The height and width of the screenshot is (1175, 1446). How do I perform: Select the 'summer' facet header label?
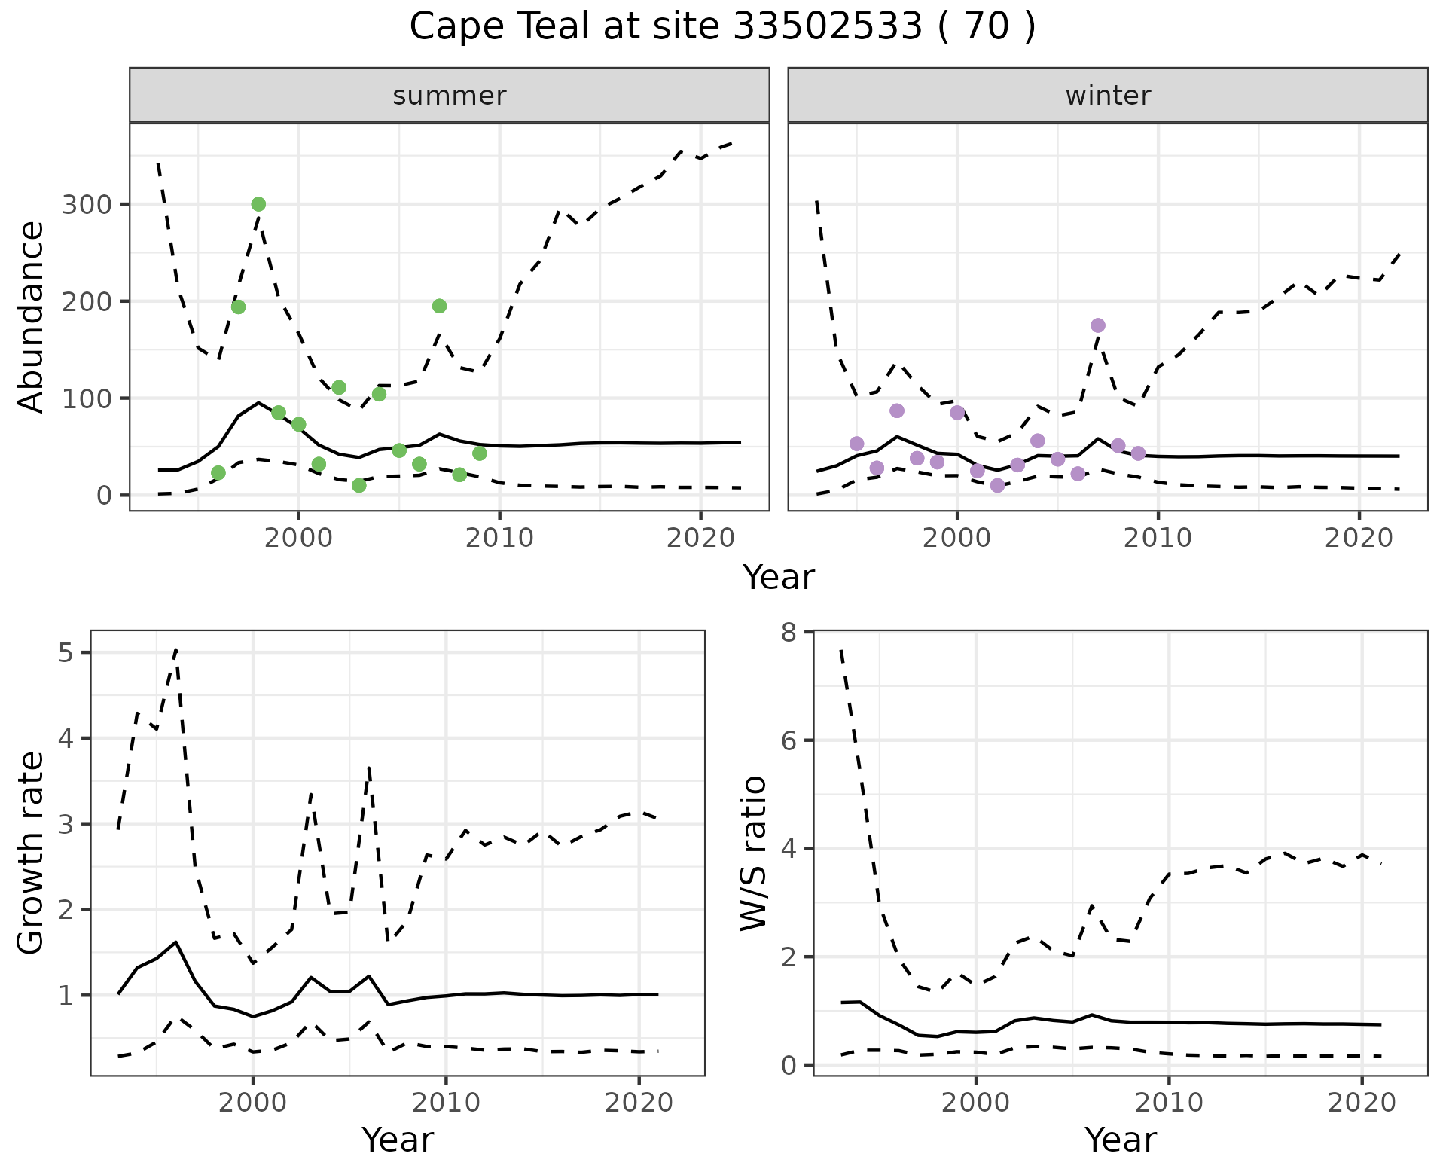point(449,96)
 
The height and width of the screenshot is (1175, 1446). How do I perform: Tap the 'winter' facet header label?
point(1107,96)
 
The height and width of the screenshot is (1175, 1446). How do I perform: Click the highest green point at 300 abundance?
point(258,204)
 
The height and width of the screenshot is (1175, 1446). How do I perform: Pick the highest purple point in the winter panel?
point(1097,325)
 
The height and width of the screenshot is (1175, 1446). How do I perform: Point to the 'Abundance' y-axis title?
point(32,316)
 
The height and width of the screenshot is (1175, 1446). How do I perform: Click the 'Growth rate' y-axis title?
point(32,853)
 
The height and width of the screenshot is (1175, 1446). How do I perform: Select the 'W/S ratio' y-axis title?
point(753,853)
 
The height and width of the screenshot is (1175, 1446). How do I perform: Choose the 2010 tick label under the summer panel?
point(499,538)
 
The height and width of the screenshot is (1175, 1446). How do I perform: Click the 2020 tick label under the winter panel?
point(1359,538)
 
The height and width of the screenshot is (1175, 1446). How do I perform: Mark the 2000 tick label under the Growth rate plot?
point(253,1103)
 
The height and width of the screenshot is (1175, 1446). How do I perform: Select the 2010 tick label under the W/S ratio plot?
point(1169,1103)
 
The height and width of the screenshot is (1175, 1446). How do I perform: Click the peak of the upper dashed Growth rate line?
point(175,649)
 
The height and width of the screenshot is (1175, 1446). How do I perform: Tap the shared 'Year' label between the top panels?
point(779,578)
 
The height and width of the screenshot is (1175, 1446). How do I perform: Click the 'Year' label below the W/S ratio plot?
point(1120,1140)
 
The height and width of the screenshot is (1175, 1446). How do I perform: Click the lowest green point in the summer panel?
point(359,485)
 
